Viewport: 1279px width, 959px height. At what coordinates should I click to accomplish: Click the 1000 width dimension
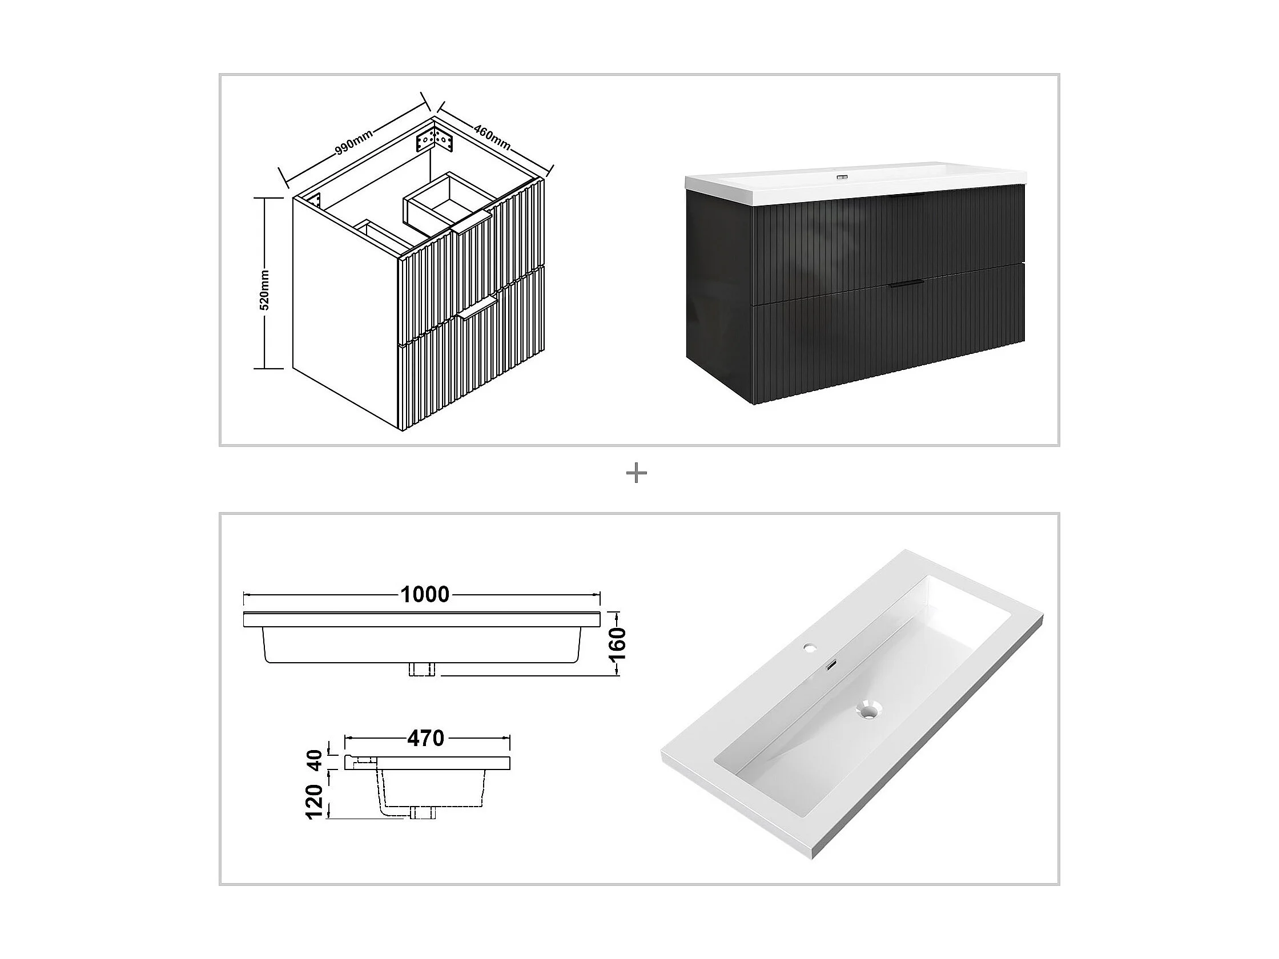(425, 594)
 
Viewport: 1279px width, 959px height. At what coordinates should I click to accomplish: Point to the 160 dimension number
(618, 644)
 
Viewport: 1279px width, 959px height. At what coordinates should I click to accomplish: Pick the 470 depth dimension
(425, 738)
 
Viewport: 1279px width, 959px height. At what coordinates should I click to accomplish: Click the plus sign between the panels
(637, 474)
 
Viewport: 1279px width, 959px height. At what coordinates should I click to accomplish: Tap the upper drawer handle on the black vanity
(906, 198)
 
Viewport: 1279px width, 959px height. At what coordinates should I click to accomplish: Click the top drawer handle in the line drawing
(472, 222)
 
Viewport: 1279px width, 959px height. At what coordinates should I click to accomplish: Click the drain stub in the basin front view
(421, 669)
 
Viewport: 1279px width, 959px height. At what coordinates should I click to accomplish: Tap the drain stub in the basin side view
(421, 814)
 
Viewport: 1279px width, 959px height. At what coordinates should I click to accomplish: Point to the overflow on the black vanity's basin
(841, 176)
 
